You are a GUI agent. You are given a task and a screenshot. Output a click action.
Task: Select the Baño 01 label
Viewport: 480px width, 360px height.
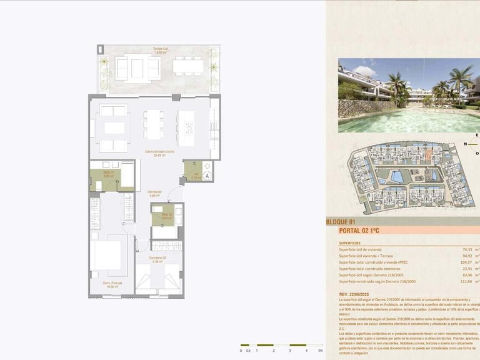click(108, 175)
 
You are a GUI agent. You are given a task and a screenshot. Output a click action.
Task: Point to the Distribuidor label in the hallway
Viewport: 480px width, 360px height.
click(155, 192)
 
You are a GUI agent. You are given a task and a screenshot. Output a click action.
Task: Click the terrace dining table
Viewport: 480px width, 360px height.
click(188, 66)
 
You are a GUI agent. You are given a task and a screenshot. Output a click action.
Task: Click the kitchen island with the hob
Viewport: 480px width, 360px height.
click(186, 127)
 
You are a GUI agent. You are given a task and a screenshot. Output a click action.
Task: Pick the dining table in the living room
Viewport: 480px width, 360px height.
click(153, 125)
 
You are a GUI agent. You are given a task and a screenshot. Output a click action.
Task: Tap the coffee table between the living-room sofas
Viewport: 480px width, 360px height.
click(114, 128)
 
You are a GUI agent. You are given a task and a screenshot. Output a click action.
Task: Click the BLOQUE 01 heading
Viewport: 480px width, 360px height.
click(341, 222)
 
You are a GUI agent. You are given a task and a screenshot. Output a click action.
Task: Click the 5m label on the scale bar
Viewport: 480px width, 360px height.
click(321, 351)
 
